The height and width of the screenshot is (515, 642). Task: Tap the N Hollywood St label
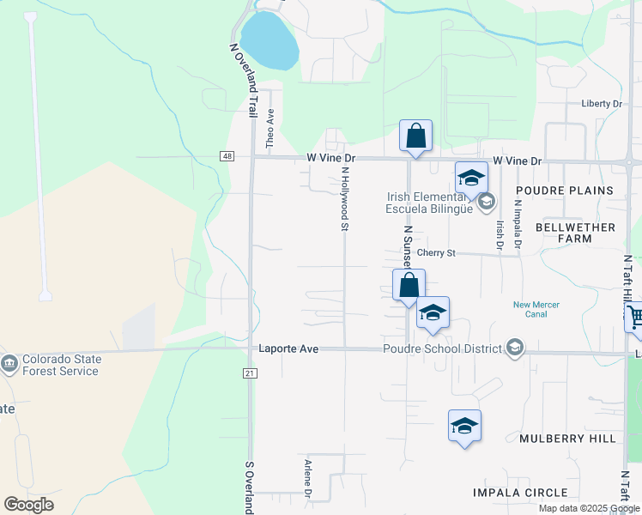click(x=345, y=198)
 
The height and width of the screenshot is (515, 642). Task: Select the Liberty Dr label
click(x=601, y=104)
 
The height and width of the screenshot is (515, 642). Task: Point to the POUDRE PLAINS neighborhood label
click(x=564, y=190)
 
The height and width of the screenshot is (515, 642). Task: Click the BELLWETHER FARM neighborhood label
click(x=575, y=233)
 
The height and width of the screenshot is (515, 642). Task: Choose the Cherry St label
click(x=435, y=253)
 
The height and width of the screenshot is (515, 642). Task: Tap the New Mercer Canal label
click(x=536, y=309)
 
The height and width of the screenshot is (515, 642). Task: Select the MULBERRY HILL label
click(x=567, y=439)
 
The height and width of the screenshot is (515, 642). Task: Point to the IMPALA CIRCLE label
click(x=520, y=493)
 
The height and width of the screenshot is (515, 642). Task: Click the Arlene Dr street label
click(x=307, y=478)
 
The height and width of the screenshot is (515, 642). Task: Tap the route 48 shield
click(x=227, y=156)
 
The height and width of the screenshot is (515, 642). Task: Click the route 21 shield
click(x=250, y=373)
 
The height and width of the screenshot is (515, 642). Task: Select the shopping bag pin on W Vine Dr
click(x=415, y=136)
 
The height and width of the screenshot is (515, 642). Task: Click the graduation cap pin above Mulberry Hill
click(x=464, y=426)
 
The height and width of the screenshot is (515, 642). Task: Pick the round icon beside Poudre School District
click(x=514, y=348)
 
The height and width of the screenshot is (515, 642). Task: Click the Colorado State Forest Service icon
click(x=9, y=363)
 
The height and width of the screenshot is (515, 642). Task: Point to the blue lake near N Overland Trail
click(x=269, y=39)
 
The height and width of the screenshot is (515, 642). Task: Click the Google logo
click(x=28, y=505)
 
